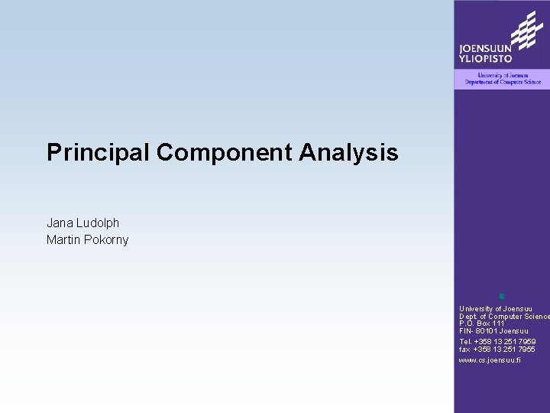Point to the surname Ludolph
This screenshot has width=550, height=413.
tap(98, 223)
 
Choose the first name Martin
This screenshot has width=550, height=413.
tap(63, 240)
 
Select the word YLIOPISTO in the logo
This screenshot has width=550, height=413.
tap(485, 59)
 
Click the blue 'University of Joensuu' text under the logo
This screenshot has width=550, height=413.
tap(502, 75)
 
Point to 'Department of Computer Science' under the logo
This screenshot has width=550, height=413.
tap(502, 82)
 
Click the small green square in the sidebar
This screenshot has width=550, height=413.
tap(502, 296)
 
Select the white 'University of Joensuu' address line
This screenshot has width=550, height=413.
tap(493, 309)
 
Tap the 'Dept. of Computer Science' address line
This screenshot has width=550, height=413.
tap(503, 317)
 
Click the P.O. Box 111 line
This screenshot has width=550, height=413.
tap(482, 324)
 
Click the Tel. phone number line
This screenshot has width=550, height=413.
tap(497, 342)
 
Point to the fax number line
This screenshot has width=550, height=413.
tap(497, 350)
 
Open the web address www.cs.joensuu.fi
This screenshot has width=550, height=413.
tap(490, 359)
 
